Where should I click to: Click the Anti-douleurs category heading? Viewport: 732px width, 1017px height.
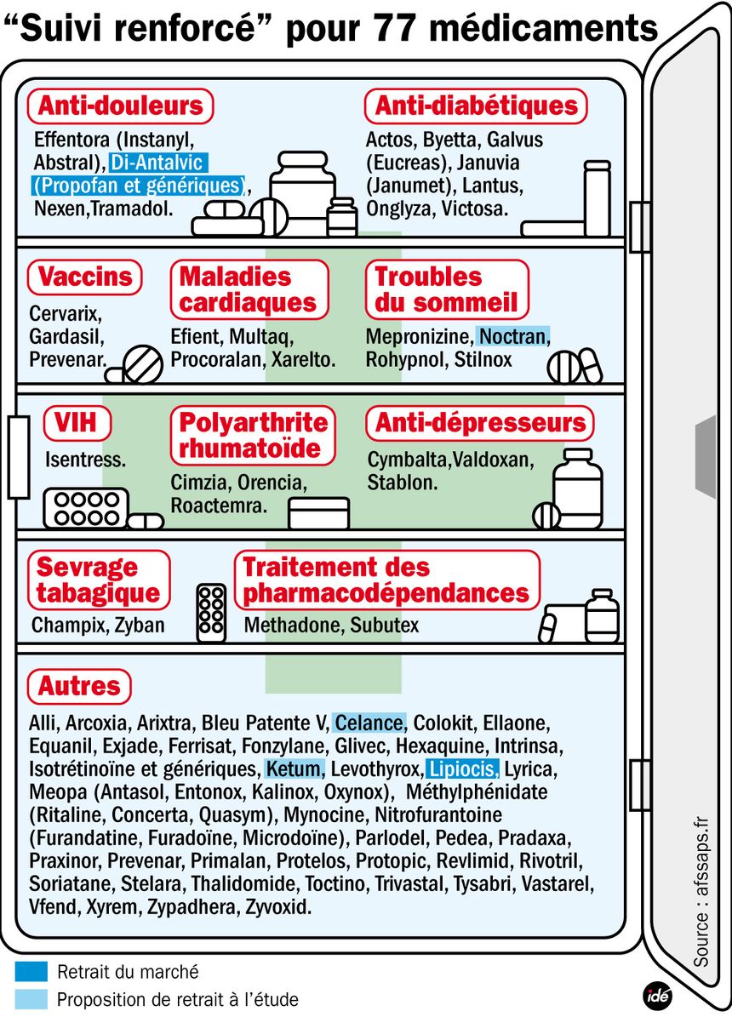click(120, 106)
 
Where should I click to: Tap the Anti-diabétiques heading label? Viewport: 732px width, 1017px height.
click(476, 106)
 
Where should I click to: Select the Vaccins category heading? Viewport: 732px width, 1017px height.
click(84, 277)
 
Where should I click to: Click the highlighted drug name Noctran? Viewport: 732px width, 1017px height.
click(512, 337)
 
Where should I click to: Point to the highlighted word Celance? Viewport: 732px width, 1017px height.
click(369, 723)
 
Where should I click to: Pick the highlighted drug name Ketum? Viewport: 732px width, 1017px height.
click(294, 768)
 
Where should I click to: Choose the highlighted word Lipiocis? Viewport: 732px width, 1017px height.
click(462, 768)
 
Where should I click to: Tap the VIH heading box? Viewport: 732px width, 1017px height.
click(77, 423)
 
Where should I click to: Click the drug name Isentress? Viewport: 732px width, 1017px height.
click(85, 460)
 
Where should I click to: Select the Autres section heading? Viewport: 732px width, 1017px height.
click(79, 686)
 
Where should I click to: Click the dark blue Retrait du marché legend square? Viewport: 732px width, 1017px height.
click(31, 971)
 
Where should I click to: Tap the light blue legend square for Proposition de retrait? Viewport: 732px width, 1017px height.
click(31, 999)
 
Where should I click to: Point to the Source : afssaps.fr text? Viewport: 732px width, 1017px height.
click(701, 892)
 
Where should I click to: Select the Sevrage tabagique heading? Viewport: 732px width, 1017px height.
click(99, 580)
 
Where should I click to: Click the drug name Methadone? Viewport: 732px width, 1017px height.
click(294, 625)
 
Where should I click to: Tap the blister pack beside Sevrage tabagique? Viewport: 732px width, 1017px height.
click(212, 613)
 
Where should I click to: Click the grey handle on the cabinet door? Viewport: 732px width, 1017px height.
click(706, 457)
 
